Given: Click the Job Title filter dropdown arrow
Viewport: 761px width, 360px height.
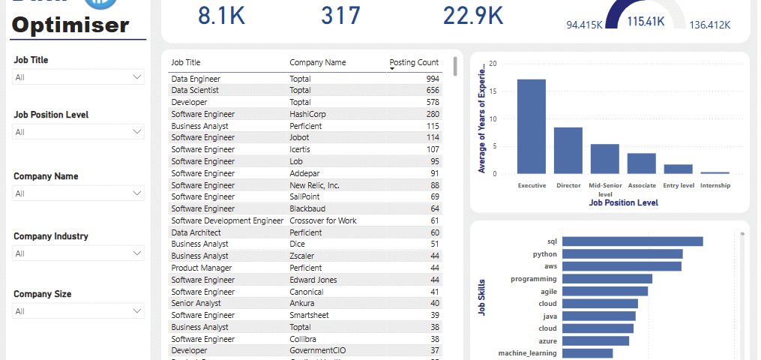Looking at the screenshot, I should tap(137, 76).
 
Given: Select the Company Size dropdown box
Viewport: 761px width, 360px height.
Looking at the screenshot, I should tap(78, 310).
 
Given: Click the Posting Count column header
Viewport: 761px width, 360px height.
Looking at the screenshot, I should tap(414, 63).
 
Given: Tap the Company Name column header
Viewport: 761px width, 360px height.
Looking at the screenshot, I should tap(318, 63).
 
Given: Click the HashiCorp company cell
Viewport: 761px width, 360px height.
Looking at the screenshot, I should tap(307, 114).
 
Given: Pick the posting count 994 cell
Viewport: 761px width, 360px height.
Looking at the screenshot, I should tap(432, 79).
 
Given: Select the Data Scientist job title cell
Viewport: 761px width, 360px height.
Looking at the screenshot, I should tap(195, 90).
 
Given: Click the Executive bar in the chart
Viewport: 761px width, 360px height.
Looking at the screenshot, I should tap(532, 126).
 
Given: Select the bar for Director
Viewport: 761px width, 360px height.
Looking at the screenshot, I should tap(568, 150).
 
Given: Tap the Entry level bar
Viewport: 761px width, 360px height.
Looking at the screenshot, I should tap(678, 169).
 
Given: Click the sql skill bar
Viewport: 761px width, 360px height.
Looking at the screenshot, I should tap(632, 241).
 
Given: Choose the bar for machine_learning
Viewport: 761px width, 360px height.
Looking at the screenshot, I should tap(587, 353).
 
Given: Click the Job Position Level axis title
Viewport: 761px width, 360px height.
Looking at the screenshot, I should tap(624, 202).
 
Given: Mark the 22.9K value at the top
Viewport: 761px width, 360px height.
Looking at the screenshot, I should tap(473, 15).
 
